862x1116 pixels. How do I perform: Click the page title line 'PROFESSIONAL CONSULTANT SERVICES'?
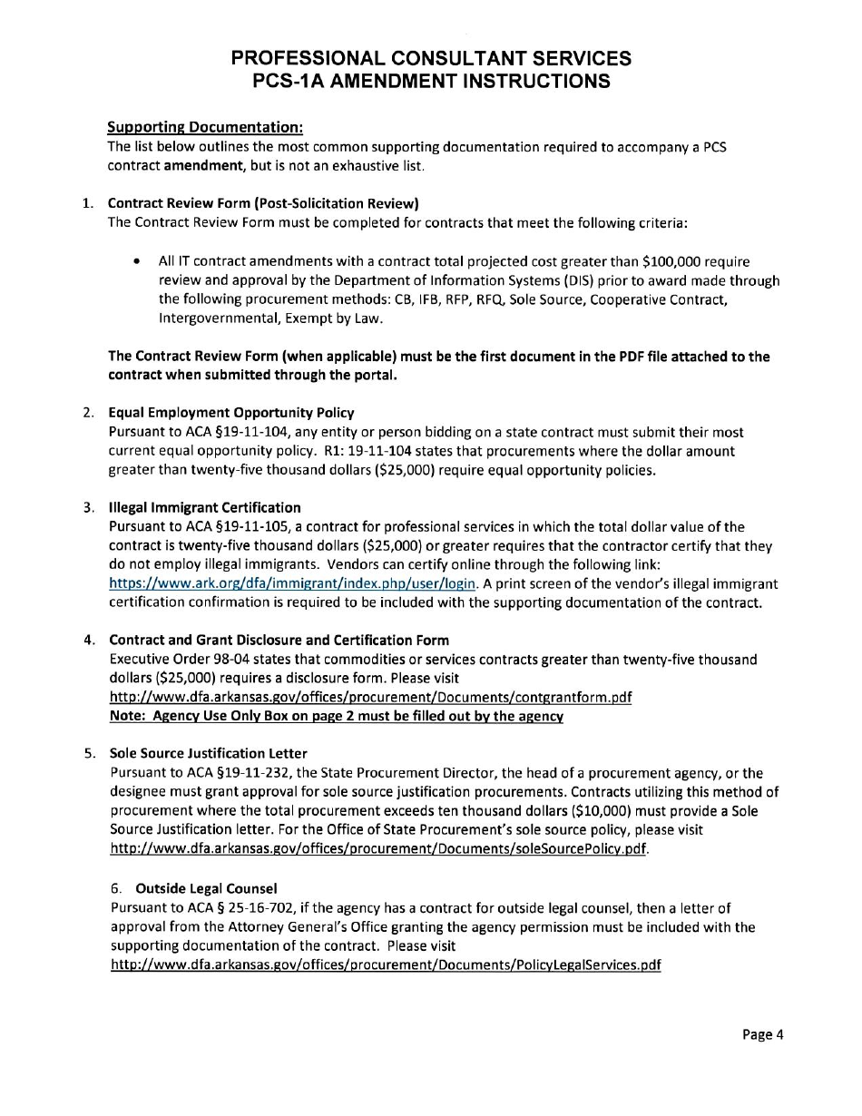click(431, 58)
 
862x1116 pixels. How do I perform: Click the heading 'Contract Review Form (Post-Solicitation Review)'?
click(263, 203)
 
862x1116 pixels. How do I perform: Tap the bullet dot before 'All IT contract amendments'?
click(136, 262)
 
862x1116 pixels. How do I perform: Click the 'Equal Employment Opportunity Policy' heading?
click(231, 413)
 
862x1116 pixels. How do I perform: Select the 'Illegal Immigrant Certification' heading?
click(204, 507)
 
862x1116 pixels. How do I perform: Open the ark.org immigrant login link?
click(292, 583)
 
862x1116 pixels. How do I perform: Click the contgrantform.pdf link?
click(370, 697)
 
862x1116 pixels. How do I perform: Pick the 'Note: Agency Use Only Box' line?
click(336, 716)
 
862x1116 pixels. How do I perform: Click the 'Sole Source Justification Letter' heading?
click(208, 753)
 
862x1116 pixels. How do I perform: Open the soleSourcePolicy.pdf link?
click(378, 849)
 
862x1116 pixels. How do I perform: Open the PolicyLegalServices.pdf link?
click(385, 964)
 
